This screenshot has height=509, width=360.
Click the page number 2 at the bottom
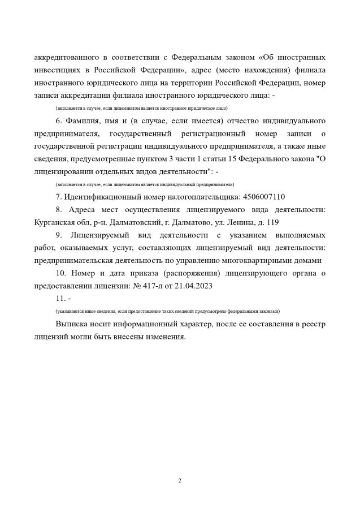pyautogui.click(x=180, y=481)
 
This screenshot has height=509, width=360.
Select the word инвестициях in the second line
pyautogui.click(x=59, y=71)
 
